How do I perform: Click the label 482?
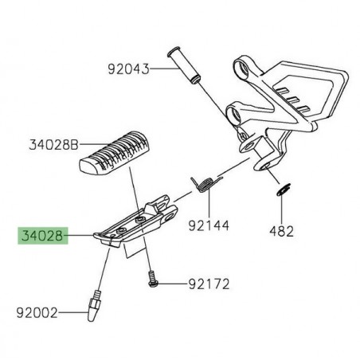(x=284, y=231)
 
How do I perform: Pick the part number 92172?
(x=209, y=283)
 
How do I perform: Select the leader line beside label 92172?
(x=174, y=283)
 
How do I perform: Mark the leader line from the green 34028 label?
(x=80, y=237)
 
